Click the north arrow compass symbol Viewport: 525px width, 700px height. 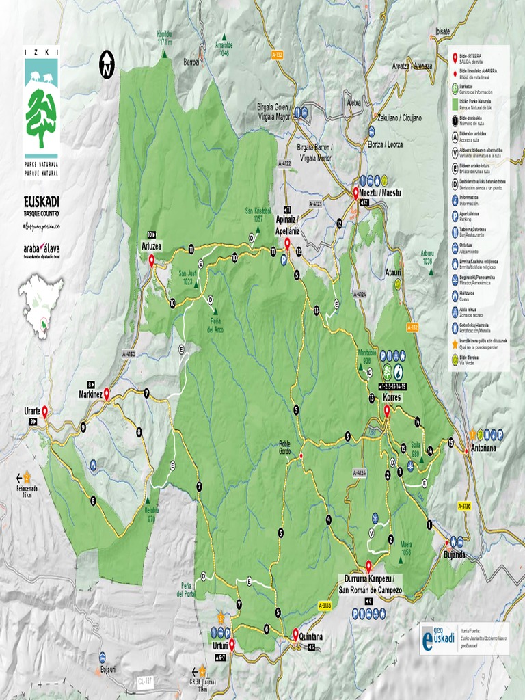(x=107, y=64)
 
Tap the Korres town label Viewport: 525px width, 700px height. (x=392, y=397)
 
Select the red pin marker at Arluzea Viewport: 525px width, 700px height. (x=152, y=260)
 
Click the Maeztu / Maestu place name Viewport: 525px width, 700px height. (x=380, y=193)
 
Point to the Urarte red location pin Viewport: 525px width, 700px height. (x=44, y=412)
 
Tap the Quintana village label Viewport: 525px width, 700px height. (x=311, y=636)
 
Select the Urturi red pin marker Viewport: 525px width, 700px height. (x=231, y=644)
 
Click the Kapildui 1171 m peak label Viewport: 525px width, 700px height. (x=164, y=37)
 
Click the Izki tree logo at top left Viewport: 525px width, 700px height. (x=41, y=111)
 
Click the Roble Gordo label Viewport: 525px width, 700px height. (x=284, y=447)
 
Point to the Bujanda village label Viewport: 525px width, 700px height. (x=454, y=554)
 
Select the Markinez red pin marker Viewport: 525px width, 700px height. (x=107, y=394)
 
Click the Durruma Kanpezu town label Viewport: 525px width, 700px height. (x=370, y=578)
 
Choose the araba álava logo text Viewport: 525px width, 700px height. (x=41, y=249)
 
